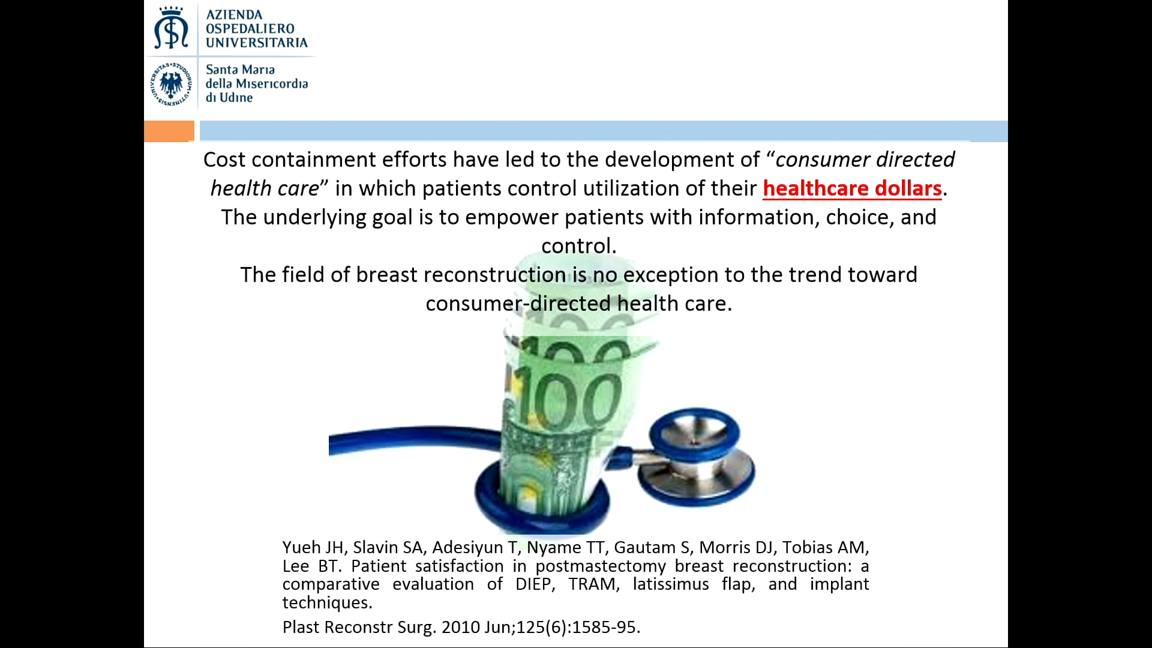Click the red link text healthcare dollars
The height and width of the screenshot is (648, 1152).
(x=852, y=188)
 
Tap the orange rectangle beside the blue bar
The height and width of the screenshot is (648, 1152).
(x=169, y=131)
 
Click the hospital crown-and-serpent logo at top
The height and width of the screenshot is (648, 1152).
(x=171, y=28)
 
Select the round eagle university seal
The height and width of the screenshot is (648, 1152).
(x=171, y=84)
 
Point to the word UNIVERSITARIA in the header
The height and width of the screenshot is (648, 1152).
(x=257, y=43)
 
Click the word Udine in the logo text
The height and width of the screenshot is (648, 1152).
(x=236, y=98)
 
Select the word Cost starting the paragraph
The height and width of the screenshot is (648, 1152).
(x=224, y=160)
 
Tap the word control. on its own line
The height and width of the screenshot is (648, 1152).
(x=579, y=246)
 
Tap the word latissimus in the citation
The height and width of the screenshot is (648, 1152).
(x=671, y=584)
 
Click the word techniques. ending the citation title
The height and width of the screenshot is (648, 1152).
(x=328, y=602)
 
